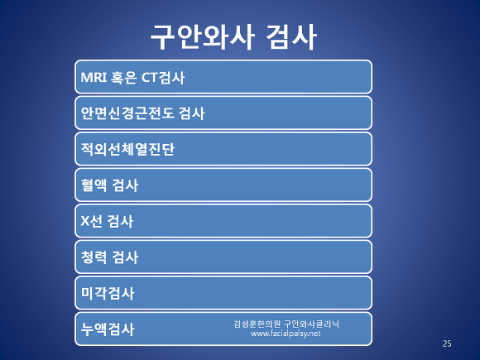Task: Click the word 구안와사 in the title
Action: pos(203,37)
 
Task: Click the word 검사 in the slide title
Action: pos(290,37)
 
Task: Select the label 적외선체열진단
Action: pos(127,149)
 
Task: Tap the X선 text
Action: pos(91,221)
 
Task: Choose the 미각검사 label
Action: pos(108,293)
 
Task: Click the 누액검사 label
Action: pos(108,329)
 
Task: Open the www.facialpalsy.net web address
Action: pos(286,334)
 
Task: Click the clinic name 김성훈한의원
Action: pos(257,324)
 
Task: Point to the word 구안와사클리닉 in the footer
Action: pos(312,324)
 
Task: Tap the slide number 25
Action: pos(447,343)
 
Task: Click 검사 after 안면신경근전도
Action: pos(192,113)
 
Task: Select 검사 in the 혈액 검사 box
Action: pos(125,185)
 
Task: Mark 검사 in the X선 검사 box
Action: pos(120,221)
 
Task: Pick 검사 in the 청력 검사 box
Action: pos(125,257)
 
